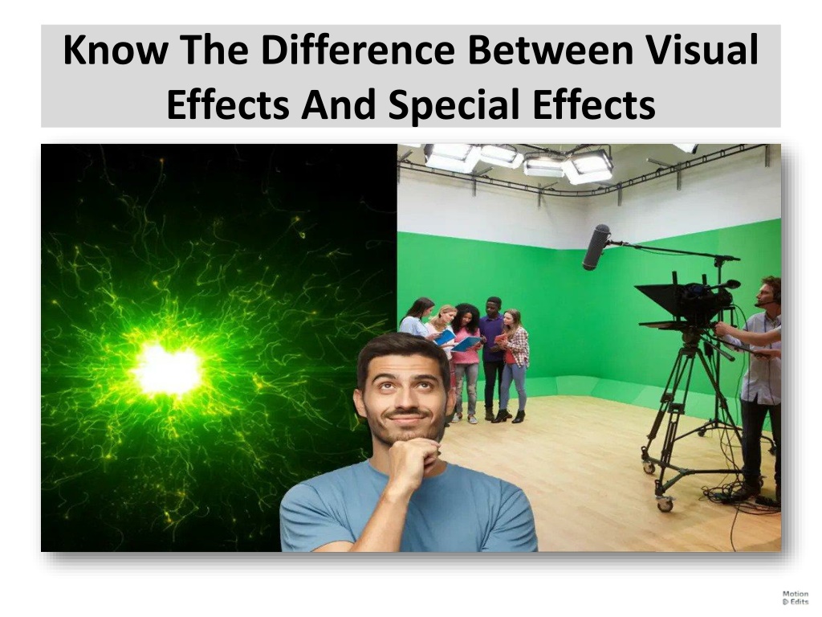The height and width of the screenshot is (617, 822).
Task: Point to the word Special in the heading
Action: pyautogui.click(x=454, y=104)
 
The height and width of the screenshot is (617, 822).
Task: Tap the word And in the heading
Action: pyautogui.click(x=338, y=104)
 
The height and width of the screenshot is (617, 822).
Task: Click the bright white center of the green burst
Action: pyautogui.click(x=168, y=370)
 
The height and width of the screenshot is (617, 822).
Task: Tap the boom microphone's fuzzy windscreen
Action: pyautogui.click(x=596, y=247)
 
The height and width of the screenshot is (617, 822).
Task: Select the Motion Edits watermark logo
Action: pyautogui.click(x=796, y=598)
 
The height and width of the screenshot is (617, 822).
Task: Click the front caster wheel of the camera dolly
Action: pyautogui.click(x=665, y=505)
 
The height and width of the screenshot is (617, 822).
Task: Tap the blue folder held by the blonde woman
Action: pyautogui.click(x=445, y=337)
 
